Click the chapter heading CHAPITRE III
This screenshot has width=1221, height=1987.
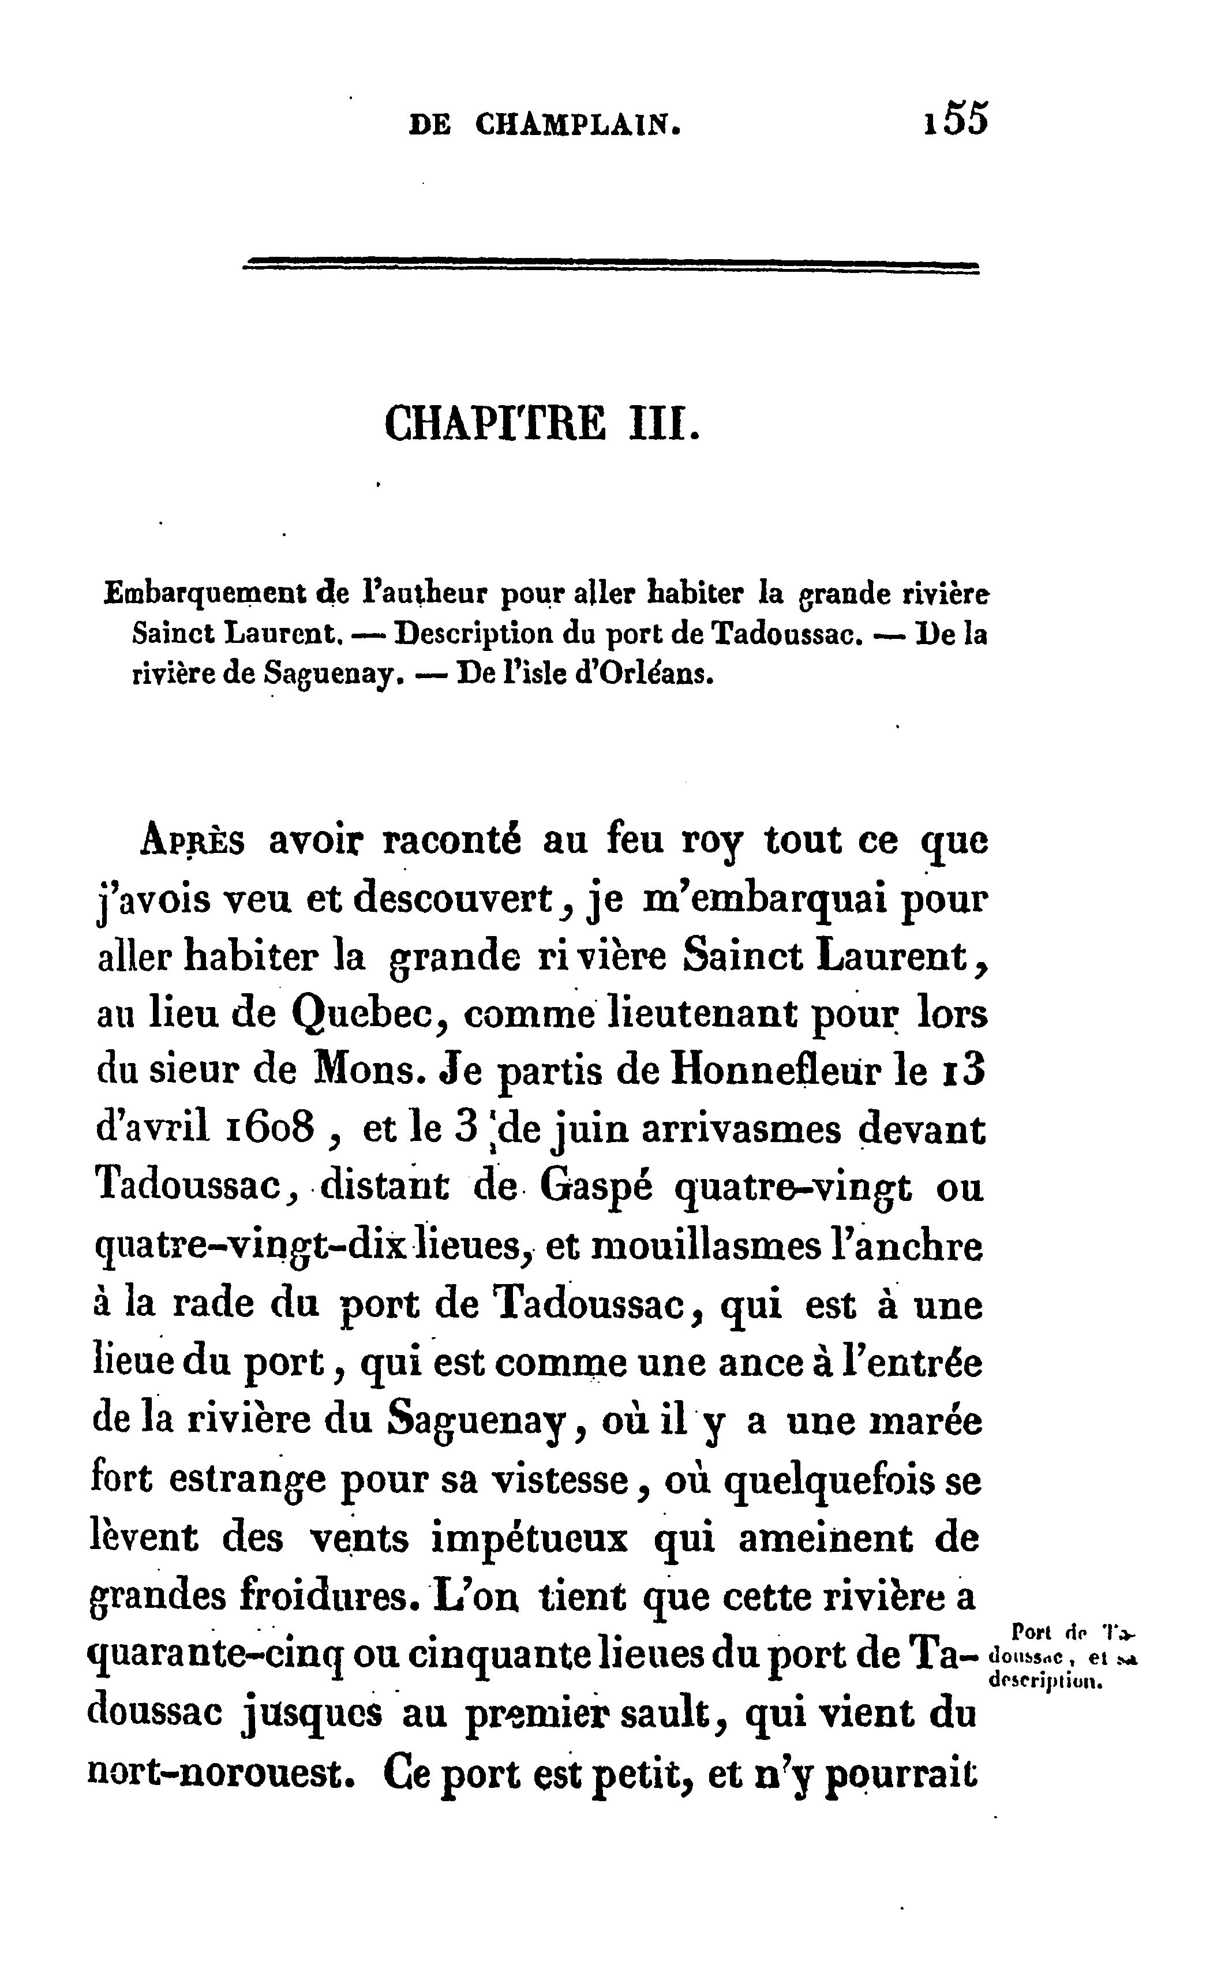(x=542, y=423)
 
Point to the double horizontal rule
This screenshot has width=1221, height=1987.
(x=610, y=267)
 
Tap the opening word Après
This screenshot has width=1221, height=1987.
(x=193, y=841)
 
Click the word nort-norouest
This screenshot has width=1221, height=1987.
(x=218, y=1771)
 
